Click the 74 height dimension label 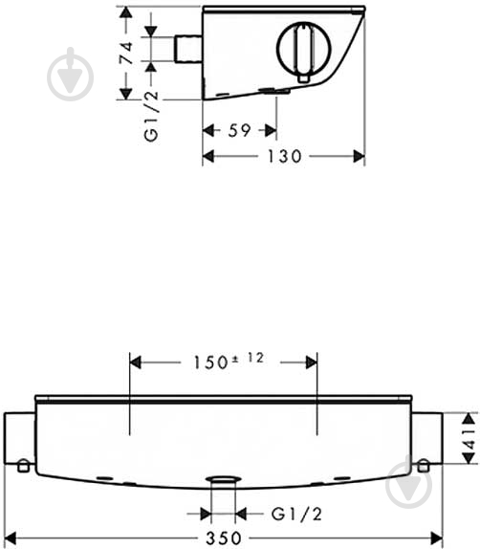[x=126, y=53]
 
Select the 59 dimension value [x=239, y=131]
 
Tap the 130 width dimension [x=284, y=156]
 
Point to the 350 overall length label [x=224, y=538]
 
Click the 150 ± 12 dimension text [x=229, y=362]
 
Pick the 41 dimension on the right [x=470, y=439]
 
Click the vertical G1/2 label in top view [x=151, y=116]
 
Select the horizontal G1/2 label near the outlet [x=296, y=514]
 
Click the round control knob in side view [x=303, y=49]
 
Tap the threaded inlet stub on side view [x=188, y=49]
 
